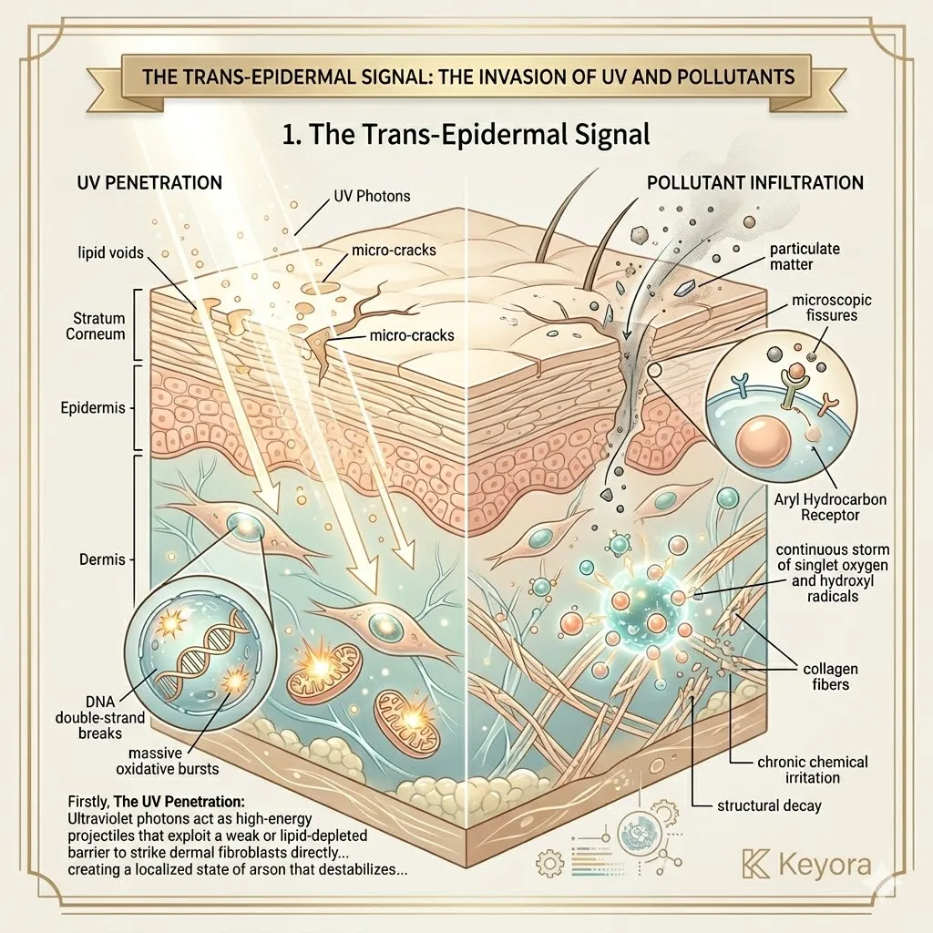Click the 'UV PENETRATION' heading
click(x=148, y=183)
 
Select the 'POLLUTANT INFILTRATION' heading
click(x=755, y=183)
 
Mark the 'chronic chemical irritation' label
click(x=813, y=770)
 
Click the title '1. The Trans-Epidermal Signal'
click(x=466, y=135)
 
